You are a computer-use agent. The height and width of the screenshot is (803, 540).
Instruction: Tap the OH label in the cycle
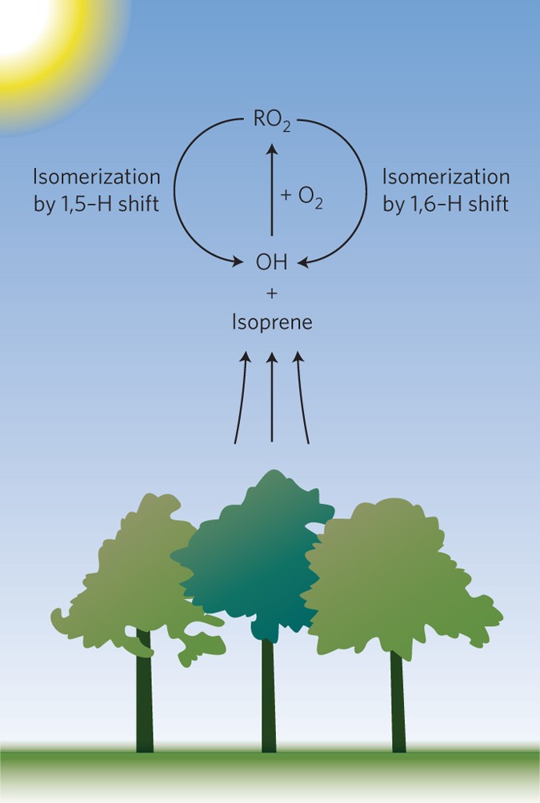(x=271, y=261)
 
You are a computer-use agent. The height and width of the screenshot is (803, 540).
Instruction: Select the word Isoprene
(x=271, y=324)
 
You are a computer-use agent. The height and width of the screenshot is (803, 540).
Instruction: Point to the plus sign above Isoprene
(x=271, y=294)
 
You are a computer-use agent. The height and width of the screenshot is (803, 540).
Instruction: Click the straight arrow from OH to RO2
(x=272, y=192)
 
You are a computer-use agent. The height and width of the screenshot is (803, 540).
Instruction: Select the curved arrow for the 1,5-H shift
(x=186, y=192)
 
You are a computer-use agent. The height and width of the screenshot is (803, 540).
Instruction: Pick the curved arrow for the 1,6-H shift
(x=357, y=192)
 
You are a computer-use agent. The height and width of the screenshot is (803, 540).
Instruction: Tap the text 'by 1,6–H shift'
(x=445, y=203)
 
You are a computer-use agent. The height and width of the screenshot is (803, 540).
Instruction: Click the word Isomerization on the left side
(x=96, y=176)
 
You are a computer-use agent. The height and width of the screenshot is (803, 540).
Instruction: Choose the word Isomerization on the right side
(x=446, y=176)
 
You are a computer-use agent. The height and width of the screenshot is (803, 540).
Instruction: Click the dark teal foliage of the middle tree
(x=256, y=560)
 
